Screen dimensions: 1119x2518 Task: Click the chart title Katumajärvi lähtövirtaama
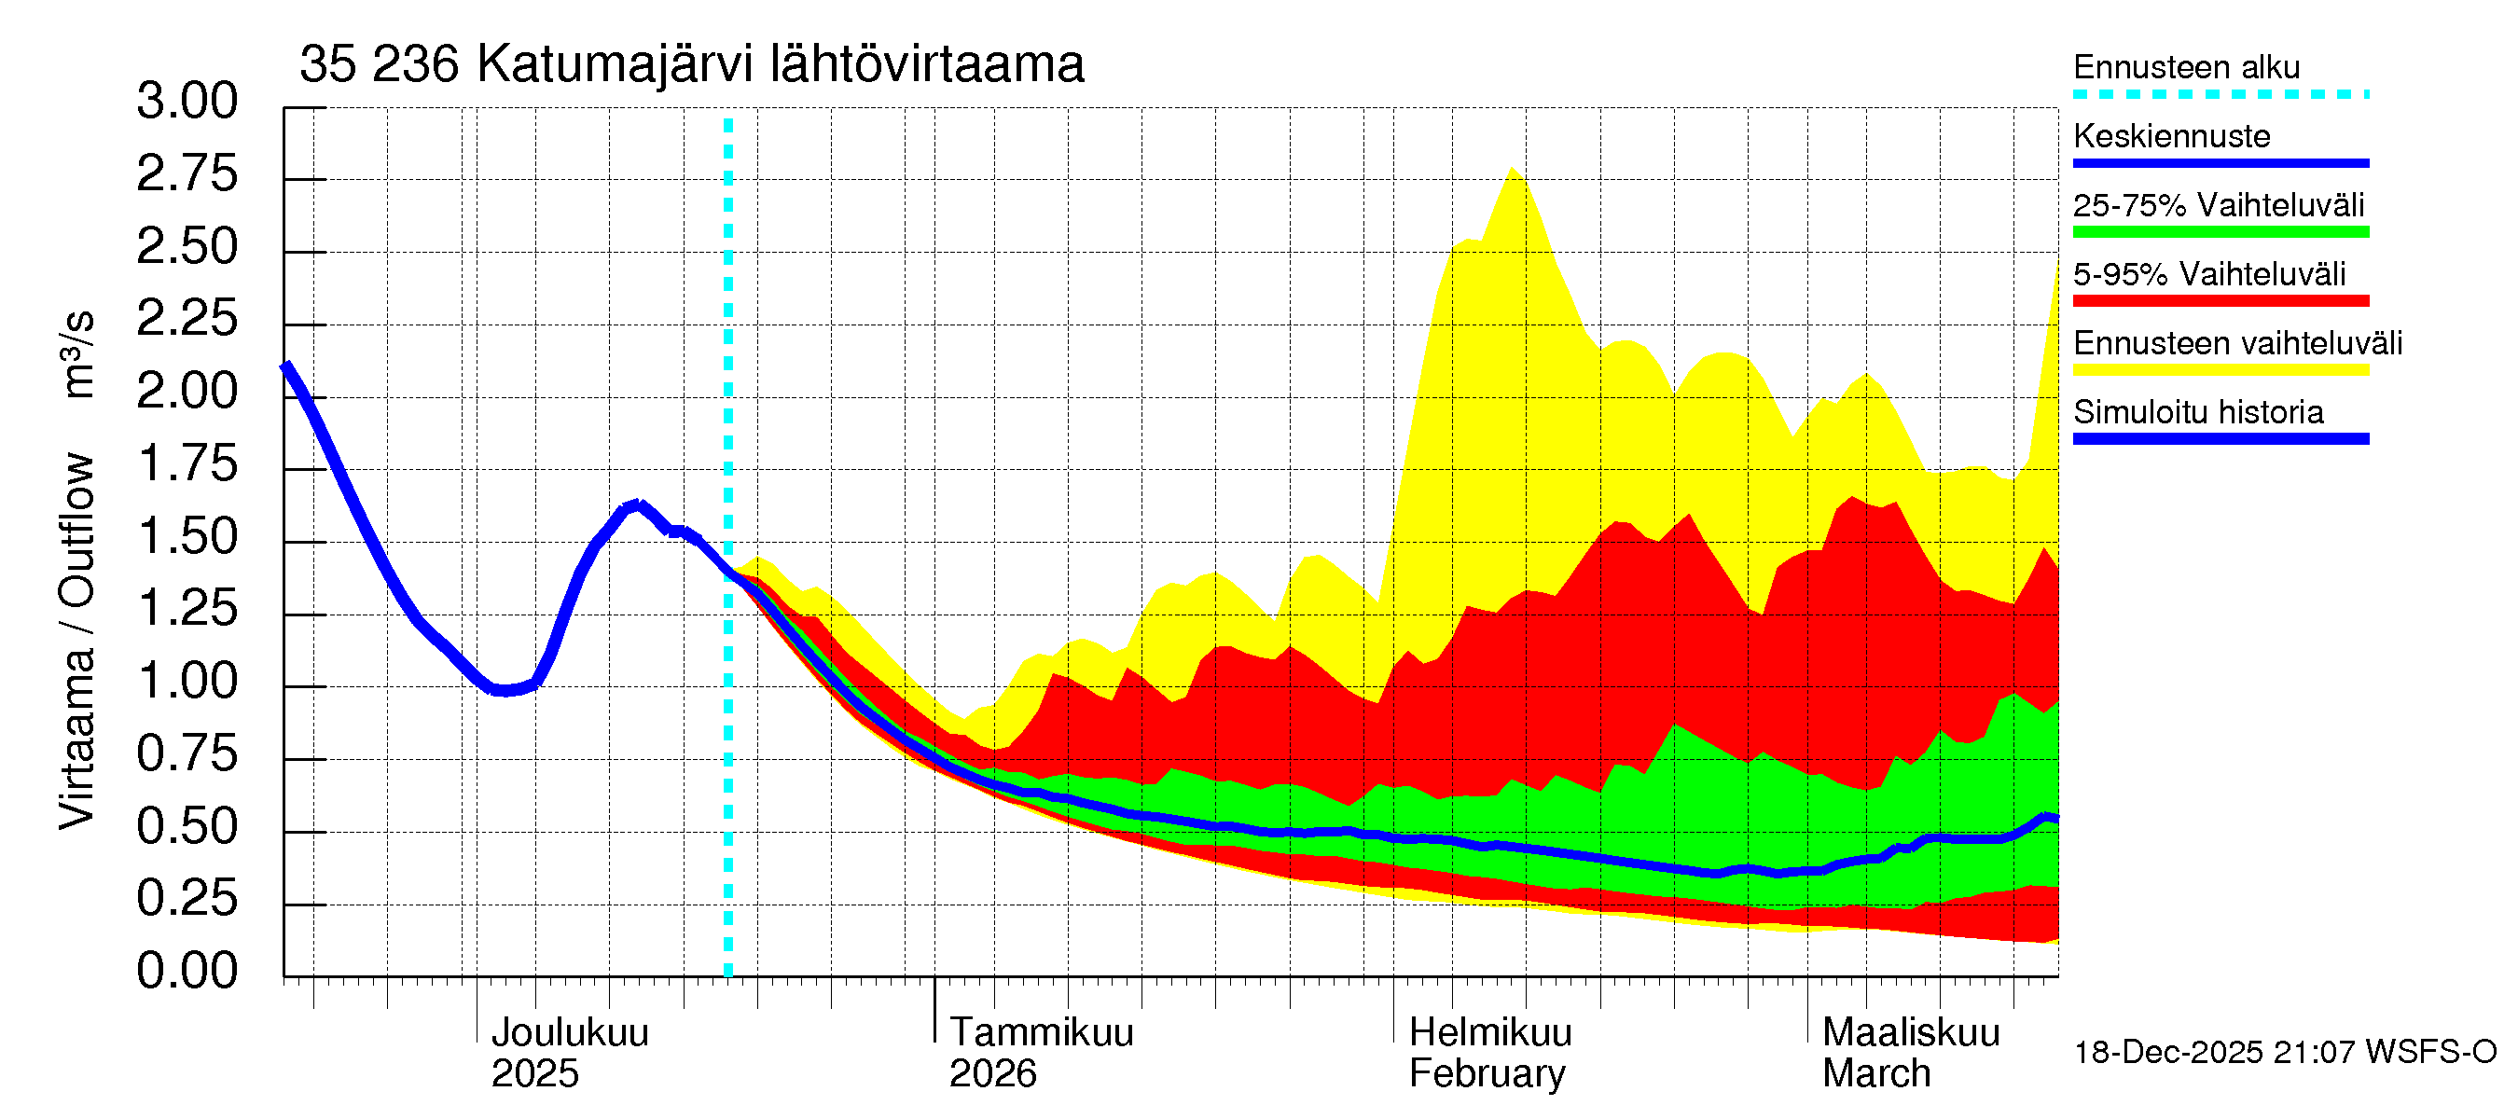click(x=691, y=64)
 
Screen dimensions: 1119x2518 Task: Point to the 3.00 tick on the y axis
click(x=187, y=102)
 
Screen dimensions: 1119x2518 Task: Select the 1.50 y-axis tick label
click(x=187, y=536)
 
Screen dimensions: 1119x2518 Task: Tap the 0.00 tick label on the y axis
click(x=187, y=972)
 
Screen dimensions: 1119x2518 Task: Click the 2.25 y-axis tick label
click(x=187, y=319)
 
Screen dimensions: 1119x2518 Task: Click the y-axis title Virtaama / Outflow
click(x=76, y=640)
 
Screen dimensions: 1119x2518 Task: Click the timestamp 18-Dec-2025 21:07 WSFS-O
click(x=2284, y=1053)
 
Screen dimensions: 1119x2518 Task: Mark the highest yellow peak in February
click(x=1512, y=168)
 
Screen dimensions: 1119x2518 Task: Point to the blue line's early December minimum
click(x=504, y=691)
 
